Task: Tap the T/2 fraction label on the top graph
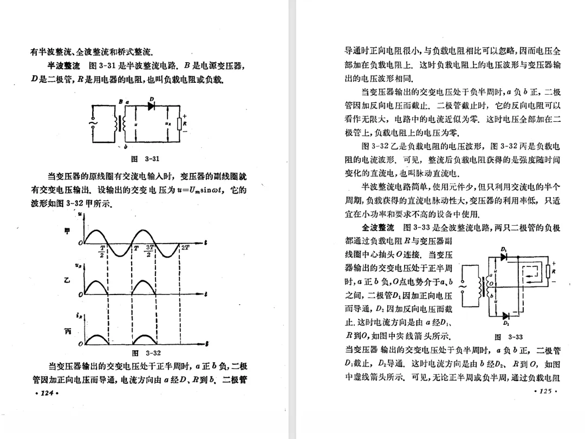tap(102, 251)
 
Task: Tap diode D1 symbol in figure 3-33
tap(505, 257)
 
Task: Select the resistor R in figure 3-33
tap(549, 271)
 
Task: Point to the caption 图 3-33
tap(508, 337)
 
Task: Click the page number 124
tap(46, 393)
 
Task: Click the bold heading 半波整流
tap(64, 67)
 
